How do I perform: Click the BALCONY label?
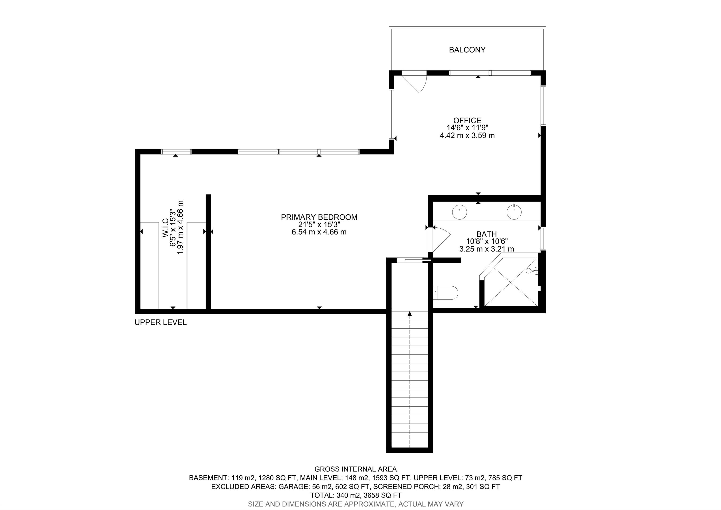click(x=467, y=50)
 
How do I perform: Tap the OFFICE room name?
click(x=467, y=120)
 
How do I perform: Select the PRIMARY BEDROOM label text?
click(x=319, y=217)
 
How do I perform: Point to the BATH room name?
click(x=487, y=234)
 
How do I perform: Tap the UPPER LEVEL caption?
click(x=161, y=322)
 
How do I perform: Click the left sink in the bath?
click(x=459, y=212)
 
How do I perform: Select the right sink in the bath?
click(x=514, y=212)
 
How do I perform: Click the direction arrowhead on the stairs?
click(x=410, y=313)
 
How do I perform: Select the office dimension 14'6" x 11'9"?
click(x=467, y=128)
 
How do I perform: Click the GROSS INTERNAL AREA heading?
click(x=356, y=469)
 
